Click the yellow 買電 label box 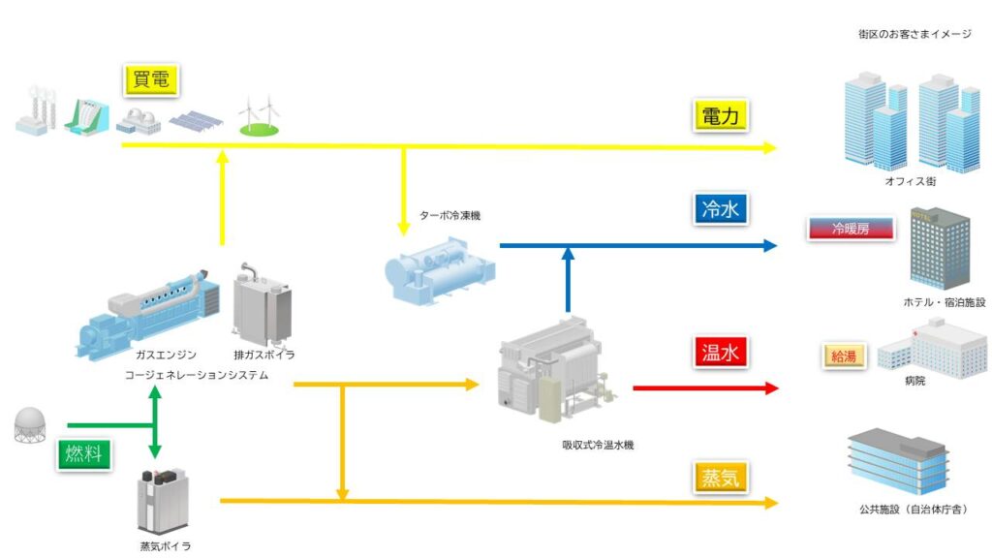click(x=152, y=79)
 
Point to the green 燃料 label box click(x=84, y=453)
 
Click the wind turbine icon click(x=260, y=116)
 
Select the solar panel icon click(x=197, y=121)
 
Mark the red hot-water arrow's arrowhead click(x=770, y=388)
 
